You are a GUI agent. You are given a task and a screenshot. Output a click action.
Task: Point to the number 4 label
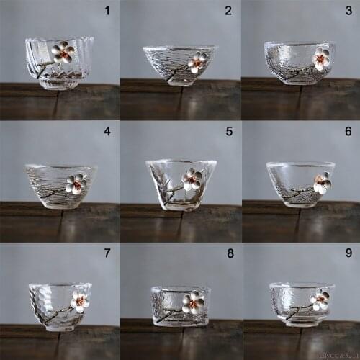click(108, 132)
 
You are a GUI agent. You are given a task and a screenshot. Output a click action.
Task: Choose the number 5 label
click(228, 132)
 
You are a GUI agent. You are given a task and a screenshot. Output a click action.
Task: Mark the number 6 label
click(348, 132)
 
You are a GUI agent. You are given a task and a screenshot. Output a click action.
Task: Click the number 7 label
click(108, 253)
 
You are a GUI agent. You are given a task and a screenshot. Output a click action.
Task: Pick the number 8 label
click(228, 253)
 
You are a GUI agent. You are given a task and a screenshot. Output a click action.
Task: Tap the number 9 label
click(348, 253)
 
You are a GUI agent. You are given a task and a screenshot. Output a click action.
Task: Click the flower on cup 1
click(64, 52)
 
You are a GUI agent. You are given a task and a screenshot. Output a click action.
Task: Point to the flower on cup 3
click(320, 59)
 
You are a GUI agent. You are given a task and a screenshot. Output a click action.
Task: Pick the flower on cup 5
click(192, 179)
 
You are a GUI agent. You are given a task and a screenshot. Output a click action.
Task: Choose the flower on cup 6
click(322, 183)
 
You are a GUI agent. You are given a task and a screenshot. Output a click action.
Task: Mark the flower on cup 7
click(79, 301)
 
